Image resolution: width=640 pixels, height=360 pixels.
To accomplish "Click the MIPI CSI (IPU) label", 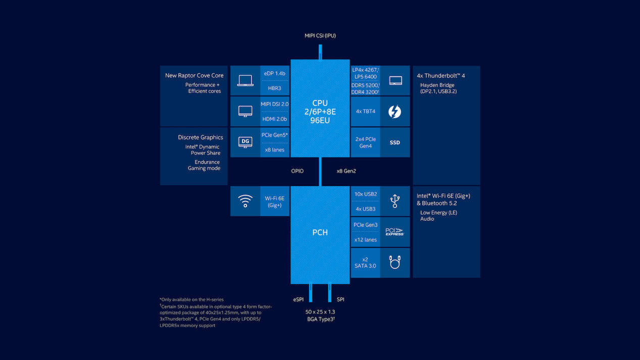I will (x=320, y=35).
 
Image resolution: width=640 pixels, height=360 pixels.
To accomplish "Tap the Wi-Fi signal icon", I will (x=245, y=201).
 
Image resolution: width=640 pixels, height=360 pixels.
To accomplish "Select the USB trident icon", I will (x=395, y=201).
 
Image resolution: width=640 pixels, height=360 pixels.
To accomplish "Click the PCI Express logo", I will (x=395, y=232).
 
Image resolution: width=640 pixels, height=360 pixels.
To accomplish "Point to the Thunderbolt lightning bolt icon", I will (x=395, y=111).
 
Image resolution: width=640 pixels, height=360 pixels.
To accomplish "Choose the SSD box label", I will (x=395, y=142).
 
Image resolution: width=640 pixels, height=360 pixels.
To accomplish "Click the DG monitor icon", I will (x=245, y=142).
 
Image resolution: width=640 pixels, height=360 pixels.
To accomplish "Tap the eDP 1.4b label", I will (x=275, y=73).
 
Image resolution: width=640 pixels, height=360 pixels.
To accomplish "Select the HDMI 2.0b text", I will (x=275, y=119).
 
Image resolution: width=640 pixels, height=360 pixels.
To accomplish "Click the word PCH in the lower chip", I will (x=320, y=232).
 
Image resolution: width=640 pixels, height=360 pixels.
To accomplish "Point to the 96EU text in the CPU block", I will (x=320, y=121).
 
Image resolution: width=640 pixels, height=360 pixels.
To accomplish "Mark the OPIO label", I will (x=298, y=171).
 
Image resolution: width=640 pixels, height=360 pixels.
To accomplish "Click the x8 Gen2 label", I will (x=347, y=171).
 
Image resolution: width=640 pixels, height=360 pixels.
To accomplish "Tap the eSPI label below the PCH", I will (x=299, y=299).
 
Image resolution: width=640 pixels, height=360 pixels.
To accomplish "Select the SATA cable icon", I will (x=395, y=263).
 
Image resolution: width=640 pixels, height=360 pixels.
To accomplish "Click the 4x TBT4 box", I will (x=366, y=111).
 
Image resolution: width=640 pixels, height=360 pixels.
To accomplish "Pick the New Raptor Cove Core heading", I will (x=194, y=76).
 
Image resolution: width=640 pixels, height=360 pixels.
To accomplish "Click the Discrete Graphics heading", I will (x=200, y=137).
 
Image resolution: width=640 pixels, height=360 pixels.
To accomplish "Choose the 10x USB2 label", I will (x=366, y=194).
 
